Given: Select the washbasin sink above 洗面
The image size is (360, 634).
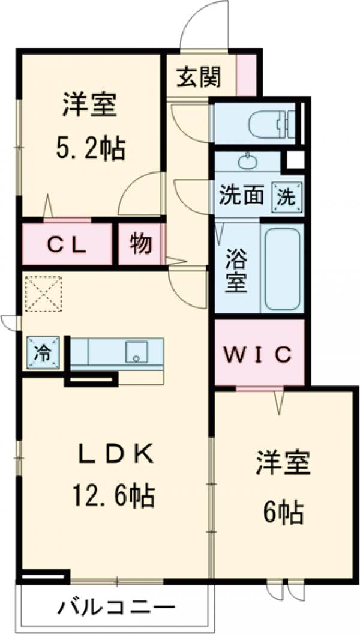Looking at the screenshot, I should pos(247,161).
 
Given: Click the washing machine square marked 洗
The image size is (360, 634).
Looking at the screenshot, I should pos(286,196).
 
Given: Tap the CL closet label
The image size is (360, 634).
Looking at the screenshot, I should pos(67,245).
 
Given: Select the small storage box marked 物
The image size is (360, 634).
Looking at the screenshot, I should pos(139,244).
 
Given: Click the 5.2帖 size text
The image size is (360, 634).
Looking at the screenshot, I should pos(92,148).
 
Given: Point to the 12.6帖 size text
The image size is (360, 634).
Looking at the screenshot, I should pos(114,496).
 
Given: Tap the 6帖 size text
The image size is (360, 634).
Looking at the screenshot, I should pos(282,512).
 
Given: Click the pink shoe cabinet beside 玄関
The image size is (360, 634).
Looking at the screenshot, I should pos(246,75).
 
